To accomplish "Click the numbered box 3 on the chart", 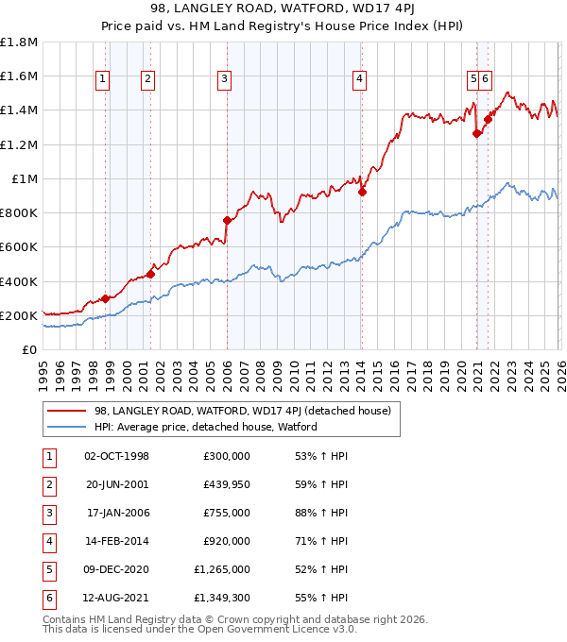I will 224,80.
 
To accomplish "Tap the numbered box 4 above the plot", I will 360,80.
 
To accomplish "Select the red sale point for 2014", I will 363,192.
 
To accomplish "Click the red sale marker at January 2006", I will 227,220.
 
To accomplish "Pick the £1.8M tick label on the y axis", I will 19,42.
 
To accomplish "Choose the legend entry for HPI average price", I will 205,427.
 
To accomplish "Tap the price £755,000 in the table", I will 227,513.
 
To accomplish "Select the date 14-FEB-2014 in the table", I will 116,541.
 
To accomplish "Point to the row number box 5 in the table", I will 46,569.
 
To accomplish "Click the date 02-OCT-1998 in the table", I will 116,456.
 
